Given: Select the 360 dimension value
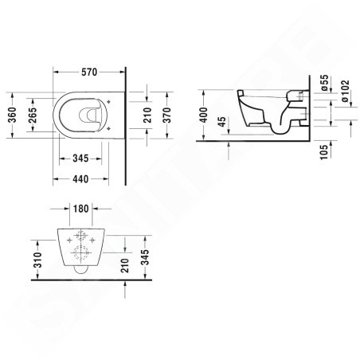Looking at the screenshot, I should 10,117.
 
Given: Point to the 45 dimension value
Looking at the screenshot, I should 221,124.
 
